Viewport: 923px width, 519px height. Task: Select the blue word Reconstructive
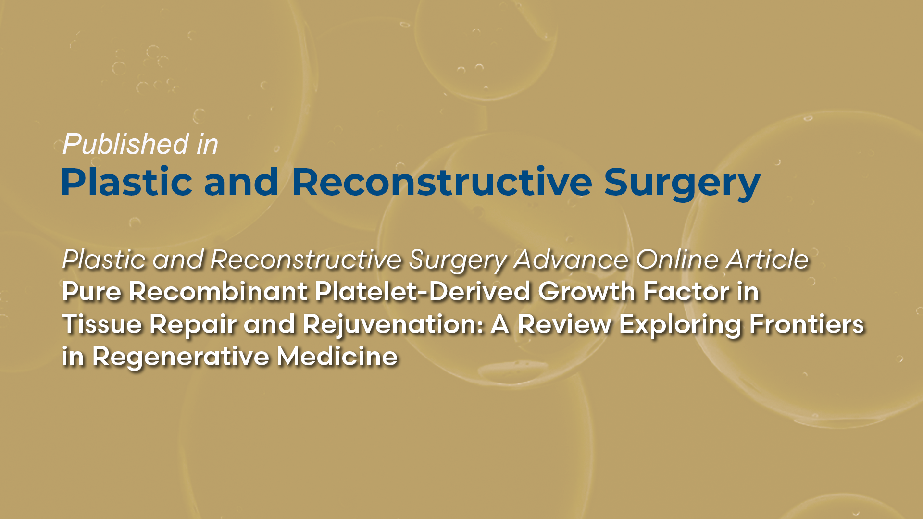(442, 183)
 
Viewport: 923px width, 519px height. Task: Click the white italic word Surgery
(458, 260)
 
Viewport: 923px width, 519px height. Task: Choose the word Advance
(571, 259)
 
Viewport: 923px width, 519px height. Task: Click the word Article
(768, 259)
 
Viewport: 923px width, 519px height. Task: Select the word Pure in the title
(91, 292)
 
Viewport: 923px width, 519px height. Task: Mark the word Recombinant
(218, 292)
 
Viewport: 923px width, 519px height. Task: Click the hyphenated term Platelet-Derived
(422, 292)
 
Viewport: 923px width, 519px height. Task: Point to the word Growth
(586, 292)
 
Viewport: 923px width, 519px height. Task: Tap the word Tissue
(102, 324)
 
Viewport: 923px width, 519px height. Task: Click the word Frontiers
(807, 324)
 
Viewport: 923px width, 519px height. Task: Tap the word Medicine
(337, 357)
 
